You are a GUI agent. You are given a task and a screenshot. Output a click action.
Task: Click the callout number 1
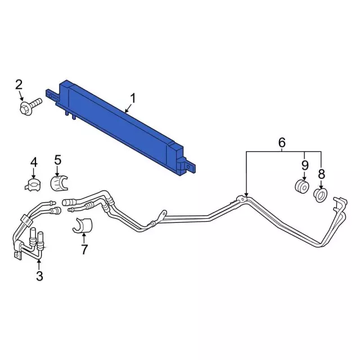pyautogui.click(x=133, y=98)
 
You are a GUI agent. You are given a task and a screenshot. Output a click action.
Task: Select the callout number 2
pyautogui.click(x=19, y=84)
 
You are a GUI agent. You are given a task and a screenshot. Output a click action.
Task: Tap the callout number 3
pyautogui.click(x=39, y=276)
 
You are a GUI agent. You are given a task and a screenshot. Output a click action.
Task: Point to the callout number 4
pyautogui.click(x=34, y=163)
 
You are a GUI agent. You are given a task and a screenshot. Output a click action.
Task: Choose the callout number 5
pyautogui.click(x=57, y=160)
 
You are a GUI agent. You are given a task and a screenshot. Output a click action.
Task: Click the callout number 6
pyautogui.click(x=282, y=142)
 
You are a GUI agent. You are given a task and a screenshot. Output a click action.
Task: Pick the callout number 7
pyautogui.click(x=84, y=250)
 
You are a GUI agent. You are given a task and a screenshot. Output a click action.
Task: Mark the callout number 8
pyautogui.click(x=321, y=174)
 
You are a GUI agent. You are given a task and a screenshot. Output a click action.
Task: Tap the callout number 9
pyautogui.click(x=305, y=165)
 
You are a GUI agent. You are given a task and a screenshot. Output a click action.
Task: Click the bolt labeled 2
pyautogui.click(x=30, y=106)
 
